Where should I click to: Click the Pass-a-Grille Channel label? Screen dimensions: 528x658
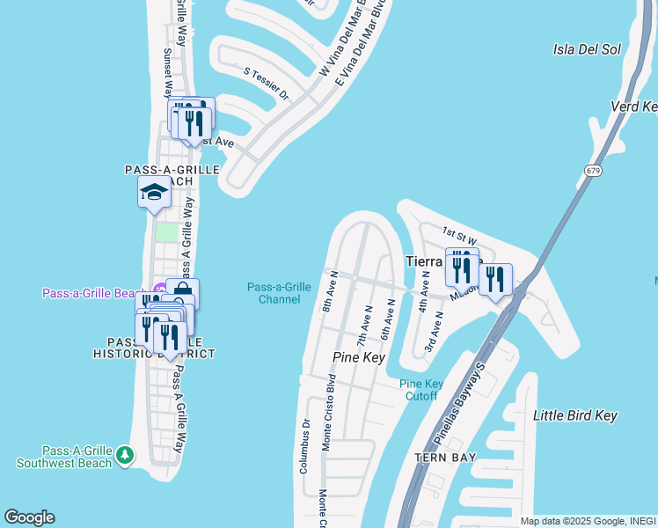pos(279,293)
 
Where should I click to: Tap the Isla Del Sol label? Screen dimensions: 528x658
pos(588,49)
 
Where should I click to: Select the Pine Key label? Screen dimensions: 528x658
pos(359,357)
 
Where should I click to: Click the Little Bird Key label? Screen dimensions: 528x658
pos(575,415)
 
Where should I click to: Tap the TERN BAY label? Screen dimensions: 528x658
pos(446,458)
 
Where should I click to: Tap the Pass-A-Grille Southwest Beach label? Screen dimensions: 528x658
pos(64,457)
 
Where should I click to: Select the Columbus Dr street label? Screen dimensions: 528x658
pos(304,445)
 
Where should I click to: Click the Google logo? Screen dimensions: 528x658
pos(29,517)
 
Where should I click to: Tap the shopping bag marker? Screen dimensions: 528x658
pos(183,292)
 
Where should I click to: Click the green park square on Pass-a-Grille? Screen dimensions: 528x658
pos(165,232)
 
